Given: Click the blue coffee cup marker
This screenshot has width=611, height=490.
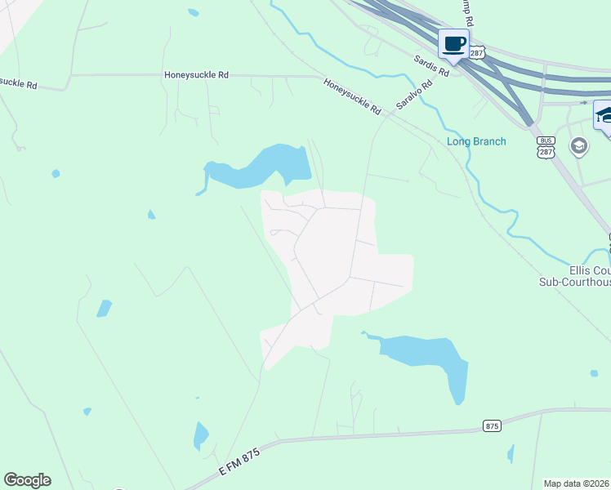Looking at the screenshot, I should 453,44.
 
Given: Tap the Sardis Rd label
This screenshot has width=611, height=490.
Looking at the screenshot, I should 431,66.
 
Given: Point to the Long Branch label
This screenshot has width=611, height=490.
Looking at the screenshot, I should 476,141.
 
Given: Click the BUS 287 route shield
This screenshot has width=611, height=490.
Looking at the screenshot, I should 546,147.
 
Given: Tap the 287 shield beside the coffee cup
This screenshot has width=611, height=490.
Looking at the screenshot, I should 477,52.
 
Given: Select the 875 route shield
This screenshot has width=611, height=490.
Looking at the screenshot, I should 491,425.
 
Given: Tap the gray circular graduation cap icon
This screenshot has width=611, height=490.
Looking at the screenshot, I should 579,147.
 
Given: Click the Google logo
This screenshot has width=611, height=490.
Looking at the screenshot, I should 27,480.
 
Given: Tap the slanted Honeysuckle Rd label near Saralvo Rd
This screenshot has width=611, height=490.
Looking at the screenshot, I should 352,96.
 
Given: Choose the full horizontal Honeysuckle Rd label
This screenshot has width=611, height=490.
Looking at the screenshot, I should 196,74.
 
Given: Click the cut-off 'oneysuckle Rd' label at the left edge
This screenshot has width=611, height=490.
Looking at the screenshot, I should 19,82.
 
